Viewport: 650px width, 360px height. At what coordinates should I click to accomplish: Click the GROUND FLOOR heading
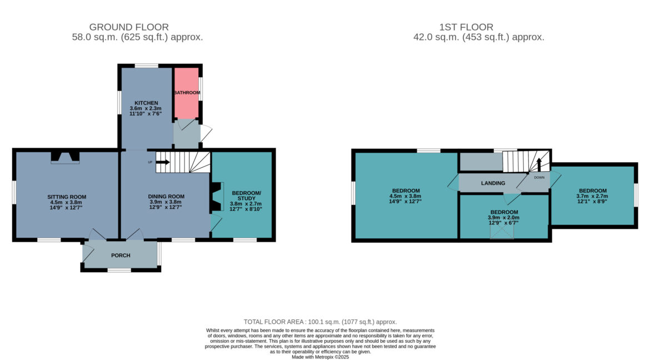coord(129,27)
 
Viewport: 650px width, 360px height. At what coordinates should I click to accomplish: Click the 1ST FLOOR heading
coord(466,27)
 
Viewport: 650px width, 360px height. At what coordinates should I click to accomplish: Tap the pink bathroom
coord(186,93)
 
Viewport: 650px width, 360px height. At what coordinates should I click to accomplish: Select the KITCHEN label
coord(146,103)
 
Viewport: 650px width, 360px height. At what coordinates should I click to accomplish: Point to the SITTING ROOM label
coord(67,197)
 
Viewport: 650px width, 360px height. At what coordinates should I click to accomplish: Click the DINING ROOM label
coord(166,197)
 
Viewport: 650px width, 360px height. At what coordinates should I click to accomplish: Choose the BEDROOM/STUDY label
coord(246,196)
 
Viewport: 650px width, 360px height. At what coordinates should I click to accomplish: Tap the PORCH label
coord(121,256)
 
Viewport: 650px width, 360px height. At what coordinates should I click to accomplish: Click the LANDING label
coord(493,183)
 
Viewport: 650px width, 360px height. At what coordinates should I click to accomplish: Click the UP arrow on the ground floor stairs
coord(162,162)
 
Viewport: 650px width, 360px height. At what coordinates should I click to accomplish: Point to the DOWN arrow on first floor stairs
coord(539,164)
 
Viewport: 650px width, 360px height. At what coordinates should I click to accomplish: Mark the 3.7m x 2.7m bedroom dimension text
coord(592,196)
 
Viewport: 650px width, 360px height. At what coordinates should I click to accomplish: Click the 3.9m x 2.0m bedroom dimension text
coord(504,217)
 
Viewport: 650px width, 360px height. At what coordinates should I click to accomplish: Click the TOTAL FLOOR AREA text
coord(320,322)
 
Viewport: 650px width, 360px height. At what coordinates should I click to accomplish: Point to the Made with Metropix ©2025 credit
coord(320,357)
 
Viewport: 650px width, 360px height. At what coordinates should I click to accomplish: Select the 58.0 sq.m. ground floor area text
coord(137,37)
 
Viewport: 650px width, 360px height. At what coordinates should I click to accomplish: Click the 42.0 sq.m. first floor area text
coord(479,37)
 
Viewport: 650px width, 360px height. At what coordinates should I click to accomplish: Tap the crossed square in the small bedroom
coord(502,233)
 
